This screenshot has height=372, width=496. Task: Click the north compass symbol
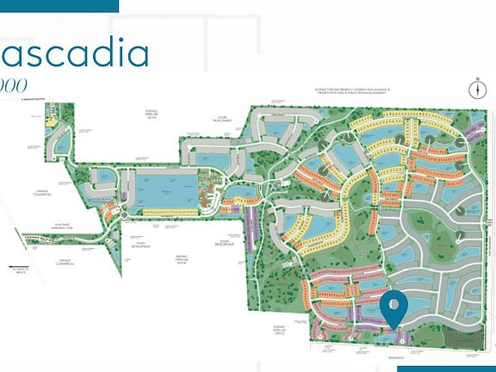(476, 90)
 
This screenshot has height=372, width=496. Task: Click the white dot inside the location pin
(394, 303)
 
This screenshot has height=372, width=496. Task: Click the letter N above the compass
(476, 78)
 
